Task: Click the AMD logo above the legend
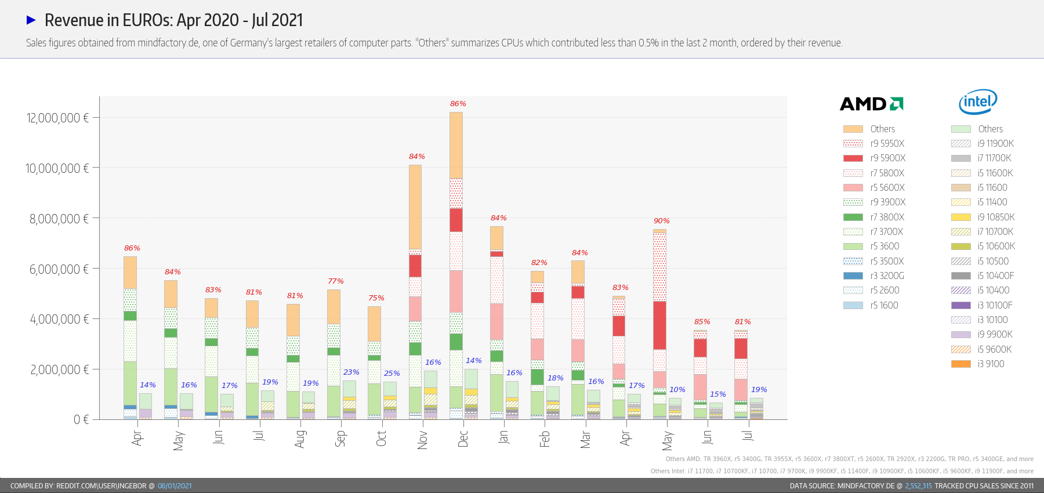871,104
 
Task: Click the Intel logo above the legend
978,102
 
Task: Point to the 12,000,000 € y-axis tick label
57,118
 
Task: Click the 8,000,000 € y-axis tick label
59,219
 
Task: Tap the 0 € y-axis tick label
81,419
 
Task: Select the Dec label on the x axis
463,438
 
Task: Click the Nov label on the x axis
422,440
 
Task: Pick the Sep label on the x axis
340,438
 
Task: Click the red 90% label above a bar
661,221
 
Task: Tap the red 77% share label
335,281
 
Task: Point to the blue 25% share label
391,374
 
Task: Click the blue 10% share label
677,390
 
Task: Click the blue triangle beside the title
31,20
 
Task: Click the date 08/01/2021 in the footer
175,486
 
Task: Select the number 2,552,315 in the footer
918,486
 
